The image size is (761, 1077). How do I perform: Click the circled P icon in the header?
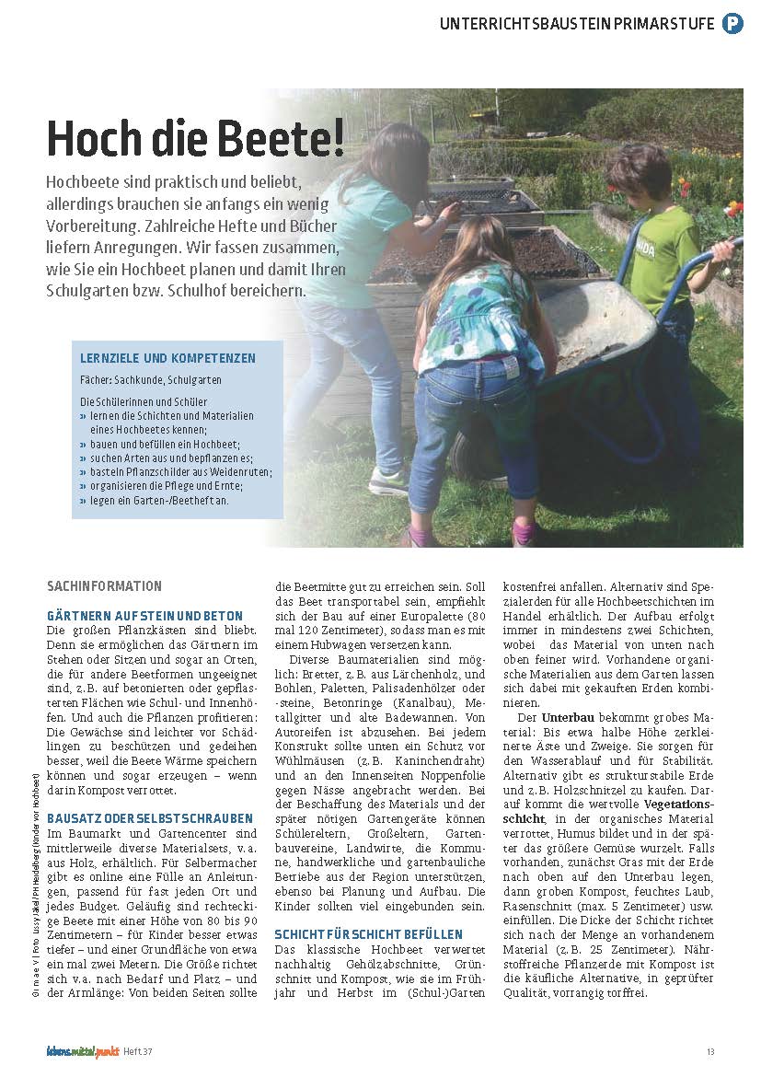[x=732, y=24]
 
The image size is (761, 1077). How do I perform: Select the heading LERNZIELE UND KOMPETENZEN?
[x=167, y=358]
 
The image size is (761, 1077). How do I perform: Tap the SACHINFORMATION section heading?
[x=104, y=586]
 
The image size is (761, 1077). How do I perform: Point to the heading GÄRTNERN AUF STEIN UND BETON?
[x=144, y=616]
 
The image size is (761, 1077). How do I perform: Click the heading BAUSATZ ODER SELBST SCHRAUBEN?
[x=149, y=817]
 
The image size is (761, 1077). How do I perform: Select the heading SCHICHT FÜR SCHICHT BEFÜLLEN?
[x=368, y=934]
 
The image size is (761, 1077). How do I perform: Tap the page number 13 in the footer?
[x=710, y=1052]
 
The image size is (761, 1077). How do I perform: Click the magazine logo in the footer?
[x=83, y=1051]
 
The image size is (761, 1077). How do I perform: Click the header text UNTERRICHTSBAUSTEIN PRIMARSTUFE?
[x=578, y=24]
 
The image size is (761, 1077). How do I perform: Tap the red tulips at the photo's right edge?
[x=733, y=211]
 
